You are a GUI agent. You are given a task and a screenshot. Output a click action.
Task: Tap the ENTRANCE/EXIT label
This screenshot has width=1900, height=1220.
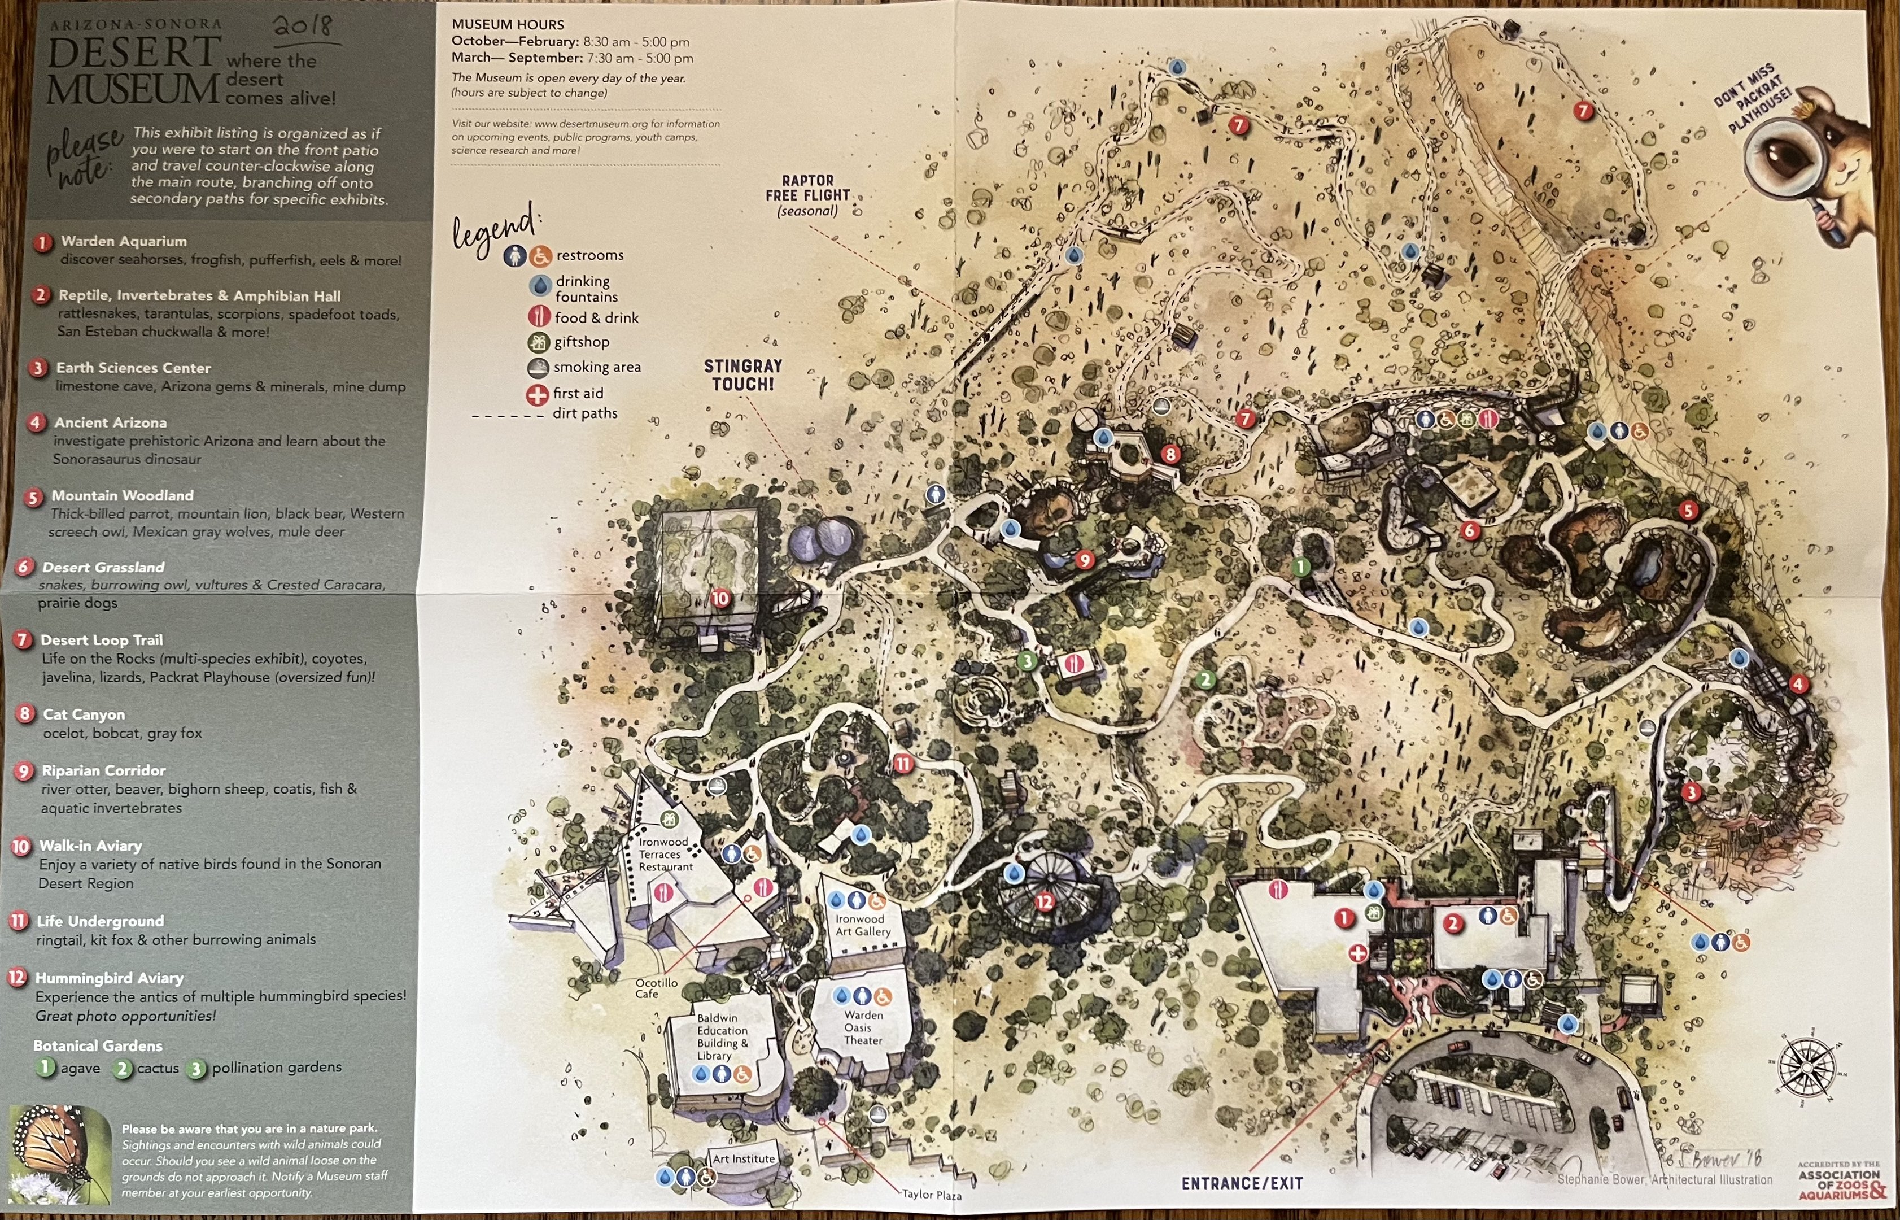(1242, 1183)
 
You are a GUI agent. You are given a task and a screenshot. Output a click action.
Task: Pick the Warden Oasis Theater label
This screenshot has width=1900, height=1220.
(863, 1027)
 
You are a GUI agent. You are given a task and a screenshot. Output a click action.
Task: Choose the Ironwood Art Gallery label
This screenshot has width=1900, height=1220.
(863, 925)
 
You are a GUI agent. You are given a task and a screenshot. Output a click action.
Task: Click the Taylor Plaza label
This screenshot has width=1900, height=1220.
(932, 1195)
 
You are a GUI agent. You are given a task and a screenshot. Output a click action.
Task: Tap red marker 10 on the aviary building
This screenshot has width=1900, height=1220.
(720, 598)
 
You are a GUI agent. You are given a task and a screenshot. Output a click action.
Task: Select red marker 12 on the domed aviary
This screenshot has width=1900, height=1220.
(1045, 901)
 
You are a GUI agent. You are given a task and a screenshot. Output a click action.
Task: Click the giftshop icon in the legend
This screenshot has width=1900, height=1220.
(539, 342)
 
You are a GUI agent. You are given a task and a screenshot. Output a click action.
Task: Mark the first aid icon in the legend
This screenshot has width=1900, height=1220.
(537, 394)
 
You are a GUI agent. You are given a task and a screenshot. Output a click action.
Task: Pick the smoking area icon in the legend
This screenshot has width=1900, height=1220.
(539, 368)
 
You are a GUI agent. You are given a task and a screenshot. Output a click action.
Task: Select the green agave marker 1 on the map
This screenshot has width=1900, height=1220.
(1300, 567)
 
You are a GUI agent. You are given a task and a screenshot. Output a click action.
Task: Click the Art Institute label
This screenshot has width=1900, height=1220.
(743, 1158)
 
